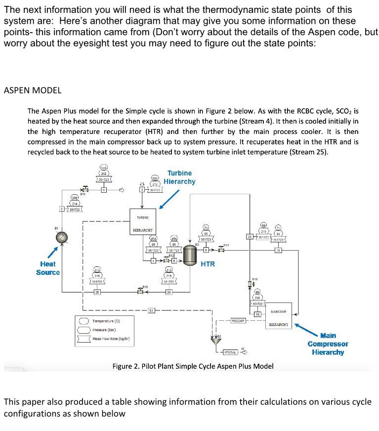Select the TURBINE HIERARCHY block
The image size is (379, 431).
click(x=142, y=224)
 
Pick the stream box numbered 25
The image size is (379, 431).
click(x=97, y=293)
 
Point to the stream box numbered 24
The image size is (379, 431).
click(x=169, y=293)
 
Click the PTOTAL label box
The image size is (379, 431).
click(x=230, y=352)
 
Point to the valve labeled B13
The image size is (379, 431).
click(x=222, y=249)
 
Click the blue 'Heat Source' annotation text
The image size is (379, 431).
click(x=48, y=268)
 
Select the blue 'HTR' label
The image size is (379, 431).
click(x=208, y=264)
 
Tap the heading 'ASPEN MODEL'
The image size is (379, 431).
click(x=33, y=90)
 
